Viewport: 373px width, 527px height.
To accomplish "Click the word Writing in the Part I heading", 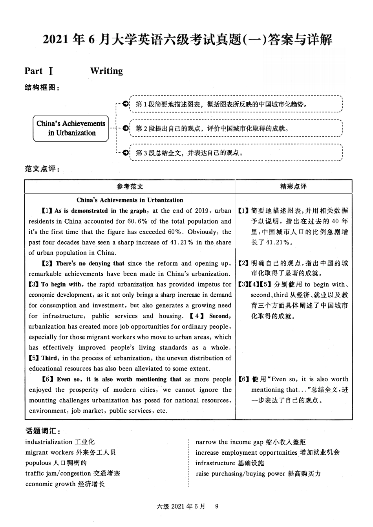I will coord(106,71).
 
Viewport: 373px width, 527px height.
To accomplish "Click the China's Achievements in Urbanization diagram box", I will coord(71,128).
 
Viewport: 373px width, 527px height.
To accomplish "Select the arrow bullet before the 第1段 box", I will coord(125,104).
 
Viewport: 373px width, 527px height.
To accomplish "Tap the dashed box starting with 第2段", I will coord(236,128).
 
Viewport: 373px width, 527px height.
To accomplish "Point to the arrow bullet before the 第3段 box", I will coord(125,152).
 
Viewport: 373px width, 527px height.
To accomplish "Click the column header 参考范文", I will coord(130,187).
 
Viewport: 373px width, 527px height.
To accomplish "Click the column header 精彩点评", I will coord(293,187).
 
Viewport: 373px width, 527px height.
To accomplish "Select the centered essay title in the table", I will coord(130,200).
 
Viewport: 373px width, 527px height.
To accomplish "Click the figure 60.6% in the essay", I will coord(137,221).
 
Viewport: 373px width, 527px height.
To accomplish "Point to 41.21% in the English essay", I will coord(181,242).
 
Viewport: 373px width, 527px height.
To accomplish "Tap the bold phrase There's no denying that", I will coord(90,264).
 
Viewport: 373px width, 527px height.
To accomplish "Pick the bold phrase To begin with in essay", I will coord(61,285).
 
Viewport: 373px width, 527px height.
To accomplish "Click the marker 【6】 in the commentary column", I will coord(244,379).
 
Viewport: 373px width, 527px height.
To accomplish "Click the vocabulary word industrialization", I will coord(49,442).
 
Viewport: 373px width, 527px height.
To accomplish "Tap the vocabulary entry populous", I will coord(38,463).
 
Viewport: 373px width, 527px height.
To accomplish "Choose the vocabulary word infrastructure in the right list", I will coord(215,463).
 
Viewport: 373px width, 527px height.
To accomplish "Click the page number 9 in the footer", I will coord(216,506).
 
